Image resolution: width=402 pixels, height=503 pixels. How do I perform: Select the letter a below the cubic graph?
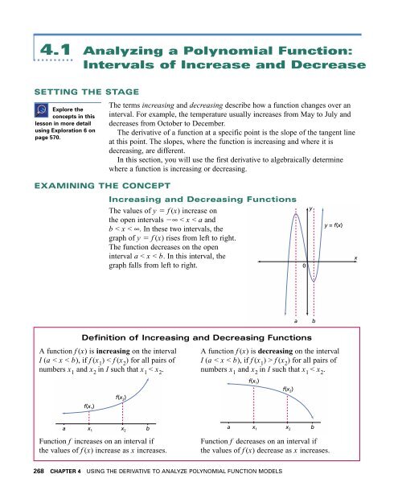296,320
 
